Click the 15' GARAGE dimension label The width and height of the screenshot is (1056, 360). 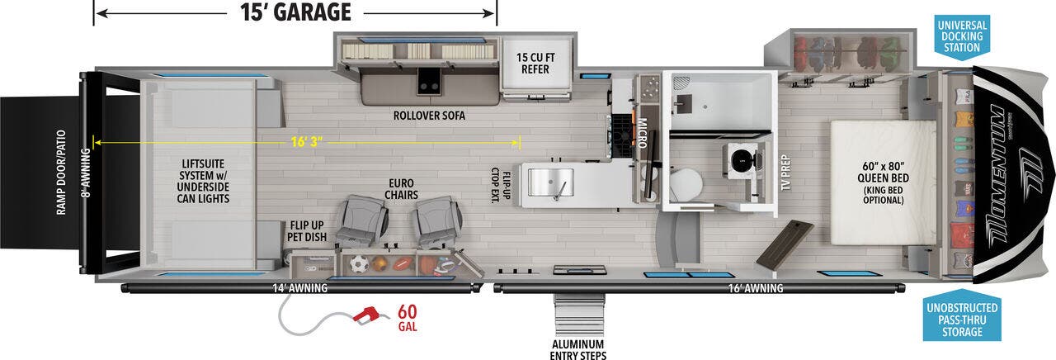click(295, 12)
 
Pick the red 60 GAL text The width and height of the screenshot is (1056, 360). click(407, 318)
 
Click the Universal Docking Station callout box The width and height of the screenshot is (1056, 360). click(962, 37)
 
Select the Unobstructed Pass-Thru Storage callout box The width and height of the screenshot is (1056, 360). click(962, 320)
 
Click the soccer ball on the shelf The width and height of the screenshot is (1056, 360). click(358, 265)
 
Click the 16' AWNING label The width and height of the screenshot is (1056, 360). click(755, 288)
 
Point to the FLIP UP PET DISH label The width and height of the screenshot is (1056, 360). click(308, 230)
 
